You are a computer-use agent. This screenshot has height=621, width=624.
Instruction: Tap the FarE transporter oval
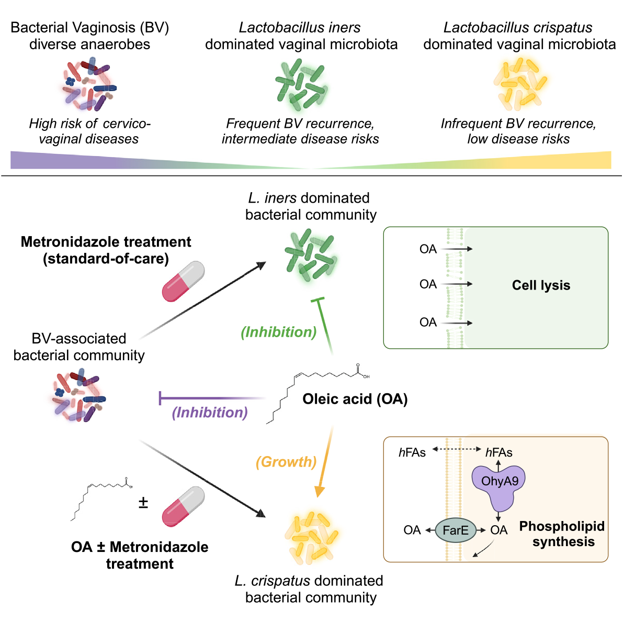point(455,530)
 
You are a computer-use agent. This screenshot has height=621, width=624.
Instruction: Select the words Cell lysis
point(541,285)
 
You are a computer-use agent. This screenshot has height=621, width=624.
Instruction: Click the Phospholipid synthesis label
point(562,534)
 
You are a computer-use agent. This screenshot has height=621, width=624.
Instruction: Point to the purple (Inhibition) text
point(210,413)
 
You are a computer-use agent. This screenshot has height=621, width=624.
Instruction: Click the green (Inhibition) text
point(279,332)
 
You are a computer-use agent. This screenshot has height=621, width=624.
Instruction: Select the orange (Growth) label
point(286,462)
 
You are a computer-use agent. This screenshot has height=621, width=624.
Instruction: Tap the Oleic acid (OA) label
point(355,399)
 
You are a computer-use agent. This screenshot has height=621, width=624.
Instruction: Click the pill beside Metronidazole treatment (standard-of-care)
point(183,282)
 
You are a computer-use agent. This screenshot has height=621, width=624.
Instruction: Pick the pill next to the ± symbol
point(183,506)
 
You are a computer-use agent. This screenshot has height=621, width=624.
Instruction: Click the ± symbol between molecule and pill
point(143,503)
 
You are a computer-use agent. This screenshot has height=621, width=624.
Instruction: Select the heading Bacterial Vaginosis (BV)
point(89,28)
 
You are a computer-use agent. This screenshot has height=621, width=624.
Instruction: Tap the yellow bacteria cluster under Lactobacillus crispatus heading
point(520,84)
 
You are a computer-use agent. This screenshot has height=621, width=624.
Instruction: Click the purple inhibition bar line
point(209,398)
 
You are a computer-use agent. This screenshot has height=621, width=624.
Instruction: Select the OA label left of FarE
point(412,530)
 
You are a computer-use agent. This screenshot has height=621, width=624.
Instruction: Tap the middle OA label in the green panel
point(428,284)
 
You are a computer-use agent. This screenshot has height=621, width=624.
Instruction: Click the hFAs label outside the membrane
point(412,452)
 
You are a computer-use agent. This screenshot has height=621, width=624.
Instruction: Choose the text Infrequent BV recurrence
point(518,124)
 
